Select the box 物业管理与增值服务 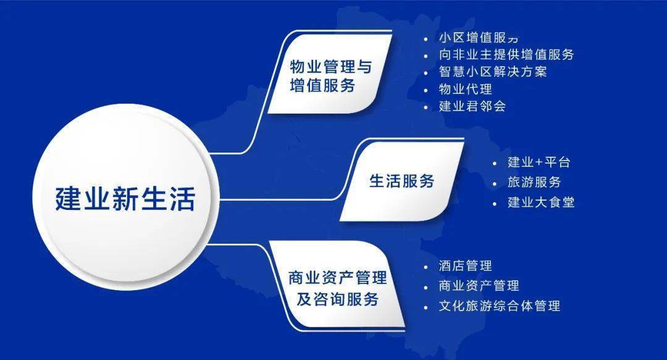pyautogui.click(x=330, y=76)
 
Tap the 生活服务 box pyautogui.click(x=401, y=181)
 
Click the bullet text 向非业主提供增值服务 pyautogui.click(x=506, y=54)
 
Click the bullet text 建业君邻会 pyautogui.click(x=472, y=106)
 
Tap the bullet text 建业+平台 pyautogui.click(x=539, y=163)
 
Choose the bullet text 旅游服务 pyautogui.click(x=534, y=182)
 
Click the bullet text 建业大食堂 pyautogui.click(x=541, y=202)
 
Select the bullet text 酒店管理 pyautogui.click(x=465, y=266)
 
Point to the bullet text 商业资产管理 pyautogui.click(x=479, y=286)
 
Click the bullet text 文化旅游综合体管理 pyautogui.click(x=499, y=306)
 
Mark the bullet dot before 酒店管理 pyautogui.click(x=426, y=267)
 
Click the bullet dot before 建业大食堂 pyautogui.click(x=494, y=203)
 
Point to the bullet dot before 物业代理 pyautogui.click(x=426, y=90)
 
